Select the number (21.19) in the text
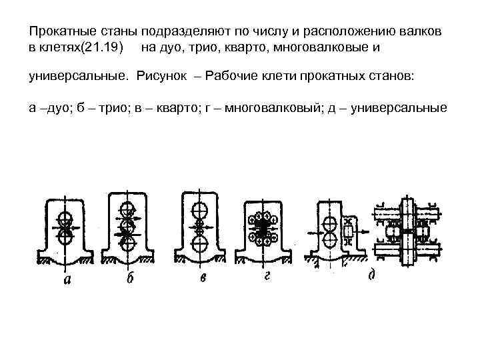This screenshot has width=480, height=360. point(102,47)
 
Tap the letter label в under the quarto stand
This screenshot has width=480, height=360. point(202,277)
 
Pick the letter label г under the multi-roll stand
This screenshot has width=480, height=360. point(265,277)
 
